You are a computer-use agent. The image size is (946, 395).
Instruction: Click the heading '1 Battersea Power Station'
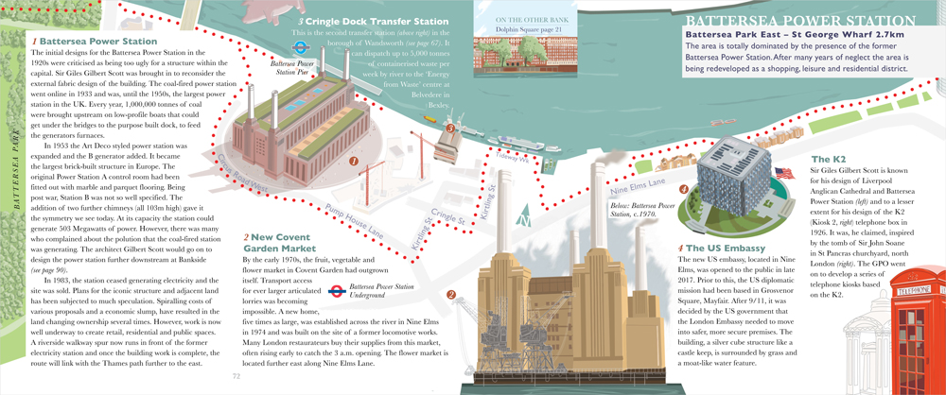(x=94, y=42)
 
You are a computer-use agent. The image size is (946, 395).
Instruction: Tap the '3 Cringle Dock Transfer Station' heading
(x=373, y=22)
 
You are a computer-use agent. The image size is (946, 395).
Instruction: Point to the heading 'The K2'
(x=828, y=159)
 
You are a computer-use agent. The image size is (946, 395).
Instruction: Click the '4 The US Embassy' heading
(x=718, y=249)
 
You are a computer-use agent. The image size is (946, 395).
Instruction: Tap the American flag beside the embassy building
(x=783, y=173)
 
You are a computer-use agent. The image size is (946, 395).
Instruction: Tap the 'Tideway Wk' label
(x=513, y=162)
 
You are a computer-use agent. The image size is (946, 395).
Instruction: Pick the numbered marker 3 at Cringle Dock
(x=451, y=129)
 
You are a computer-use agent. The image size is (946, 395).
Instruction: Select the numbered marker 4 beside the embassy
(x=683, y=189)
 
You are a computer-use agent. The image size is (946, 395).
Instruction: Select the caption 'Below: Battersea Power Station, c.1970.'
(x=634, y=208)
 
